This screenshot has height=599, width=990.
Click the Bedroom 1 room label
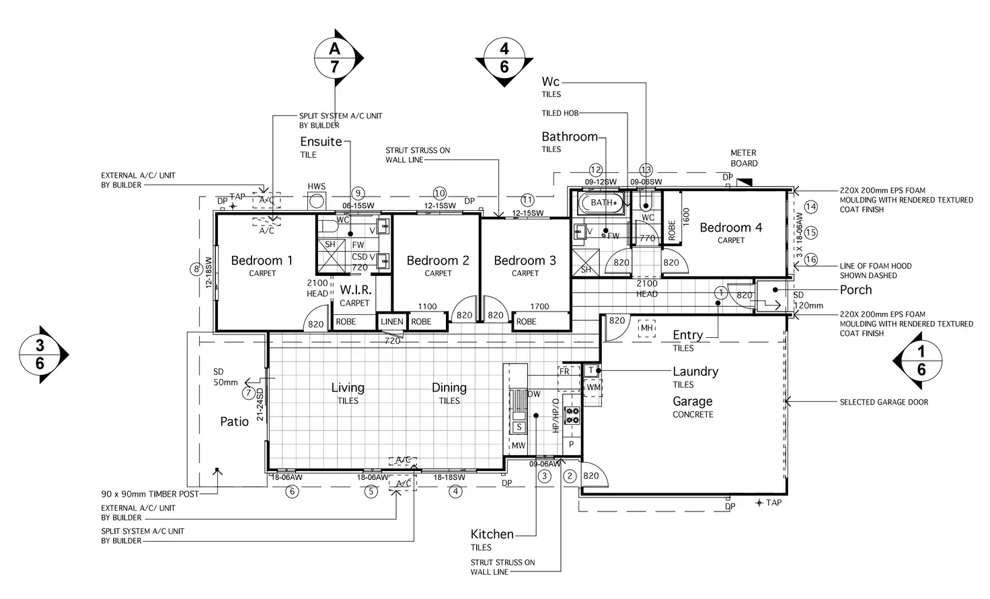(x=262, y=260)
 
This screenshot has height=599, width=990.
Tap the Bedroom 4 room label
(x=730, y=227)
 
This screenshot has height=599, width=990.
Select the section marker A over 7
(x=335, y=58)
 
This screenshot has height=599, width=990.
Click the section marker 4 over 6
(x=504, y=58)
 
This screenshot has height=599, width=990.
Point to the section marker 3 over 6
(x=40, y=355)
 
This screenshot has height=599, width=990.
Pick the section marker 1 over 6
(x=921, y=361)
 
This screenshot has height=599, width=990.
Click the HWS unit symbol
(x=316, y=200)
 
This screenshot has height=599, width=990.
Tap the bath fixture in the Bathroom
(x=601, y=203)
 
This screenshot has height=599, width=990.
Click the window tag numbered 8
(x=196, y=269)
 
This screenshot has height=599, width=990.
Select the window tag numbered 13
(x=646, y=170)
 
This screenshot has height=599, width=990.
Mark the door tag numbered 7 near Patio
(x=249, y=393)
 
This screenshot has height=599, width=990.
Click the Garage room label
(x=692, y=401)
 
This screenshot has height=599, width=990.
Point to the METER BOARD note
(x=743, y=158)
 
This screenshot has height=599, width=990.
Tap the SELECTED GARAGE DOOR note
(x=883, y=402)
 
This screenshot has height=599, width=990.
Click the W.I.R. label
(x=356, y=290)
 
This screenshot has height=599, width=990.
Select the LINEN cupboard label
(x=392, y=322)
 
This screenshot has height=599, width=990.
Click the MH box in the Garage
(x=646, y=328)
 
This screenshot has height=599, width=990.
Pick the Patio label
(x=234, y=421)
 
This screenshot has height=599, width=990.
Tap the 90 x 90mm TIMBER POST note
(x=150, y=494)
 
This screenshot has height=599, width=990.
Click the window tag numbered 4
(x=456, y=491)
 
